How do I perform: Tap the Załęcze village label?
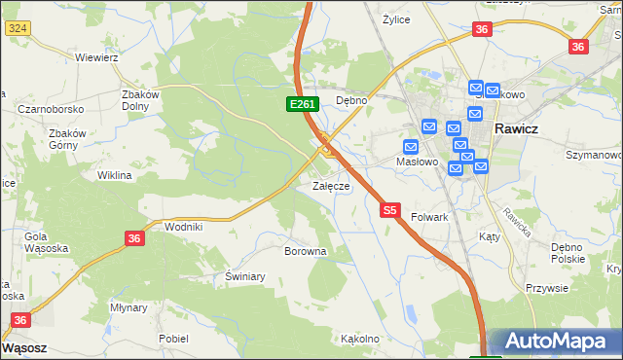[330, 186]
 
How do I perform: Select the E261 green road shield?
[301, 104]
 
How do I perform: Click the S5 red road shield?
[390, 209]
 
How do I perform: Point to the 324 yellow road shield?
[16, 29]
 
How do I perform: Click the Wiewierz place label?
[96, 57]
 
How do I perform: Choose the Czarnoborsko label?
[51, 109]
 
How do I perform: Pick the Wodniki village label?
[184, 226]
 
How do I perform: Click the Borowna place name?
[305, 251]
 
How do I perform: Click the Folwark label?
[429, 217]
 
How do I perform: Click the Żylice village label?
[396, 19]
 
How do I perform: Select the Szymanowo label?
[593, 155]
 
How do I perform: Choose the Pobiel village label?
[173, 339]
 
